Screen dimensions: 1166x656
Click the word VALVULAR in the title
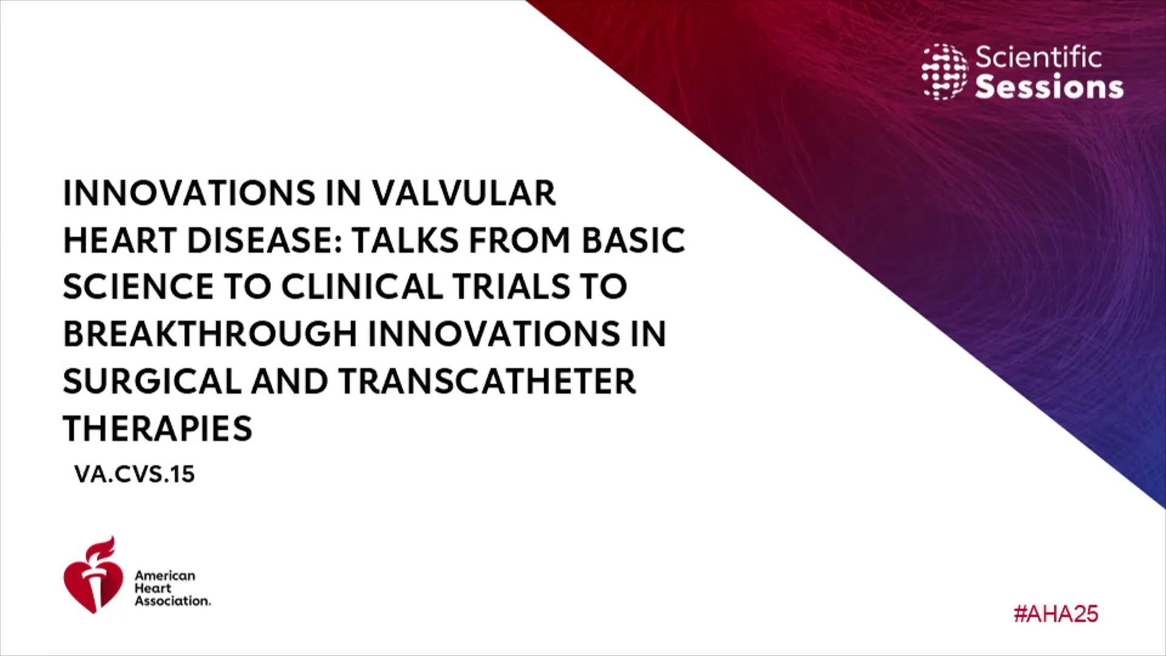[x=463, y=193]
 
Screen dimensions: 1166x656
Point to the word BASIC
[x=633, y=240]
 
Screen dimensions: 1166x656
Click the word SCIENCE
[x=138, y=287]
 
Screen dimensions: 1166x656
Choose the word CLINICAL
[x=362, y=287]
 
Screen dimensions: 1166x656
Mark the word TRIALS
[x=511, y=287]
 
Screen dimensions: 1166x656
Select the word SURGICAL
[x=152, y=381]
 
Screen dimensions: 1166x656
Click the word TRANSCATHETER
[x=487, y=381]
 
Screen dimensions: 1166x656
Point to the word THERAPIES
[x=157, y=428]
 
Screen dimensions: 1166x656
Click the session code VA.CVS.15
[x=134, y=474]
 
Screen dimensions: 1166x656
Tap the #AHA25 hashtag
[x=1055, y=614]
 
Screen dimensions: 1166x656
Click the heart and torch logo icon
[x=93, y=575]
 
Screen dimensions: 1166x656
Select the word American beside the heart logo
[x=165, y=575]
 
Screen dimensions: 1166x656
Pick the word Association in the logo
[x=172, y=601]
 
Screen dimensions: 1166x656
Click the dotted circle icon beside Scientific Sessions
[x=945, y=72]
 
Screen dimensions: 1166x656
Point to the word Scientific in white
[x=1038, y=58]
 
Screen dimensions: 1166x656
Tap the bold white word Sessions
[x=1049, y=87]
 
